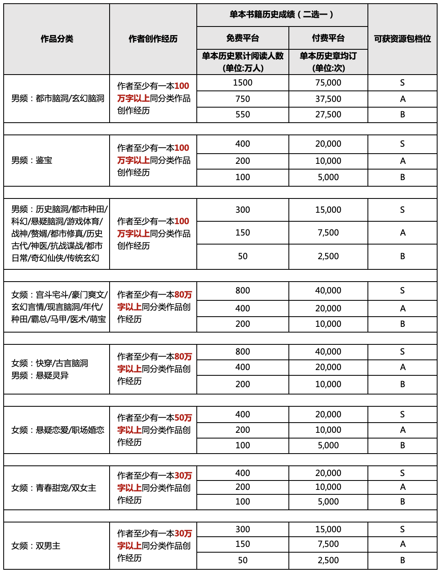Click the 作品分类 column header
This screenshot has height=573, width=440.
(57, 39)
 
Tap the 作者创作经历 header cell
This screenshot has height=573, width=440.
(153, 39)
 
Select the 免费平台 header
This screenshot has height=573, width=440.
(242, 38)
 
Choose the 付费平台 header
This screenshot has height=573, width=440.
(328, 38)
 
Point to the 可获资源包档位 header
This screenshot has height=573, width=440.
(402, 39)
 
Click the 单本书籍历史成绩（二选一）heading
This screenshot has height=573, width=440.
(282, 15)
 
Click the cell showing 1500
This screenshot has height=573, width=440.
(242, 83)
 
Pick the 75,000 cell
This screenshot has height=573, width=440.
(328, 83)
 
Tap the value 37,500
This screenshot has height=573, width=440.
(328, 99)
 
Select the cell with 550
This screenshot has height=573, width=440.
(242, 115)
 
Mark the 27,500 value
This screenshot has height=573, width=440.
(328, 115)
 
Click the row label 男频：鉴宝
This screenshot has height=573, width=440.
(32, 160)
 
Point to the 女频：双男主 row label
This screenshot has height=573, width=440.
(36, 546)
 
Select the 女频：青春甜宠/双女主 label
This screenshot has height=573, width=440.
(54, 488)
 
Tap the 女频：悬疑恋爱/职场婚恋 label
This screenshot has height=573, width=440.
(58, 430)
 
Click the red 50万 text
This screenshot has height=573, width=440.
(183, 418)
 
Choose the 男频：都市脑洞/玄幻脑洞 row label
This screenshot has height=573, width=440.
(58, 98)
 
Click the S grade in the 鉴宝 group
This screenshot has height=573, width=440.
(402, 144)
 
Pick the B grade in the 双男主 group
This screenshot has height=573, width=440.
(402, 560)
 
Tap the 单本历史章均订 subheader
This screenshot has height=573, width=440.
(328, 56)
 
